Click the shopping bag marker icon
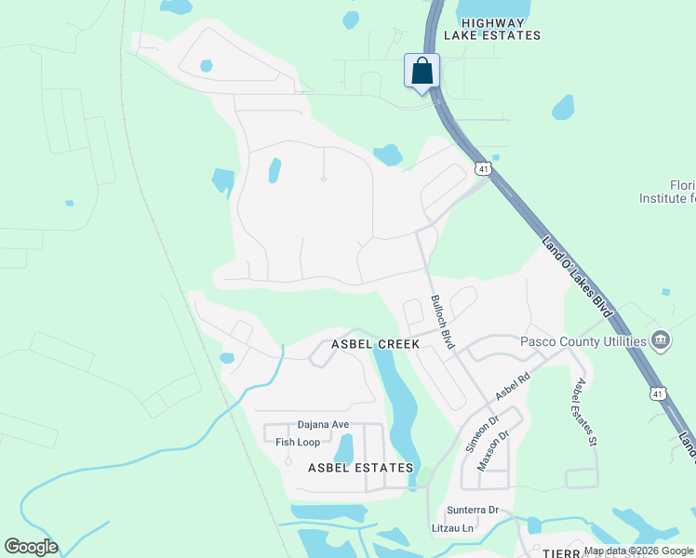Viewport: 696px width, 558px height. (422, 72)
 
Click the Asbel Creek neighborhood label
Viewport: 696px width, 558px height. (376, 344)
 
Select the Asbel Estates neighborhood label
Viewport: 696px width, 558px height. (361, 467)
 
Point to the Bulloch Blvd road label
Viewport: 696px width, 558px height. (442, 322)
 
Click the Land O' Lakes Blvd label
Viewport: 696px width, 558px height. (578, 276)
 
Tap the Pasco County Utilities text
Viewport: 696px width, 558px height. (582, 341)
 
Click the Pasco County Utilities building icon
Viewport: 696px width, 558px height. (661, 340)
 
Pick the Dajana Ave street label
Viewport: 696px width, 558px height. (323, 424)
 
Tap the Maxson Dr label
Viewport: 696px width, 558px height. (494, 448)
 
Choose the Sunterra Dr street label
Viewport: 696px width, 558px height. (473, 510)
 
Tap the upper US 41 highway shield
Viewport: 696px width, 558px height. (481, 169)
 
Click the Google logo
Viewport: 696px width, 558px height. (31, 547)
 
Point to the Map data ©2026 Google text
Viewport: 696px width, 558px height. (638, 551)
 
